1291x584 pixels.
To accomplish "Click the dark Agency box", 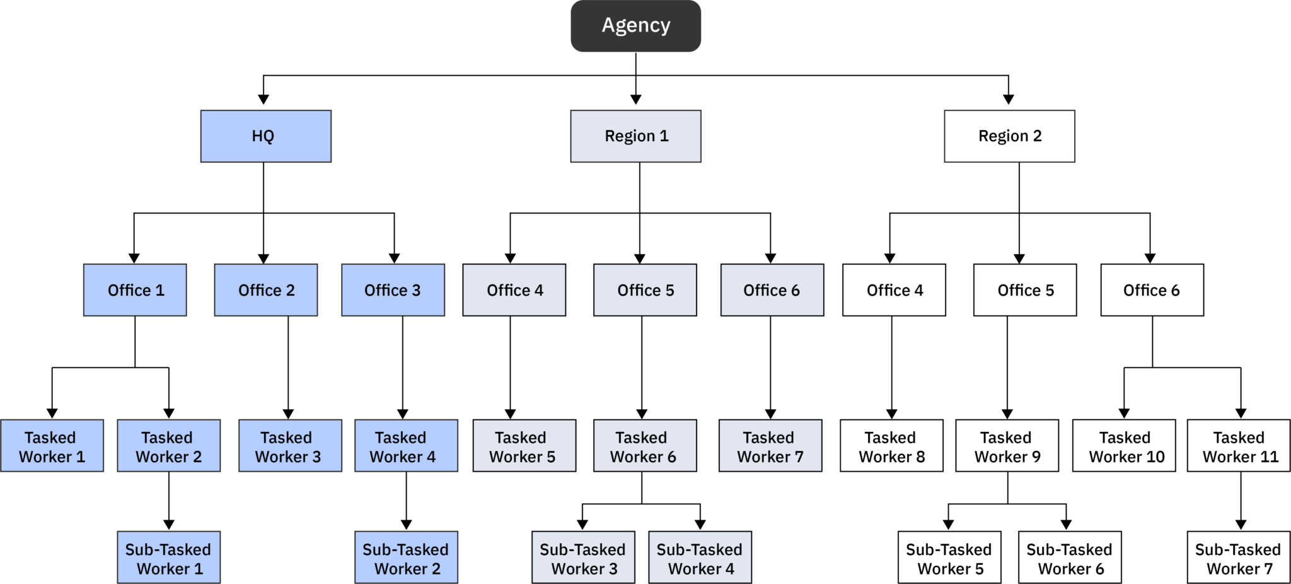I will point(635,26).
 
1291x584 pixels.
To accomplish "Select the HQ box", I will point(265,136).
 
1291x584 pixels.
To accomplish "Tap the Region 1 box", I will point(635,136).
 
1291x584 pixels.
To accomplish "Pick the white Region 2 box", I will point(1009,136).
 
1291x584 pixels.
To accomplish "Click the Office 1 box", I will point(135,290).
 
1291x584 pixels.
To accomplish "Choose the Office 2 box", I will point(265,290).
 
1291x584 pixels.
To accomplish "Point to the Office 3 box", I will point(393,290).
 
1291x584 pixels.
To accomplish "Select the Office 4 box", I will point(514,290).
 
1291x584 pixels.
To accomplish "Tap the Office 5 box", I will point(645,290).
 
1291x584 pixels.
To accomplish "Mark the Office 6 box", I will point(772,290).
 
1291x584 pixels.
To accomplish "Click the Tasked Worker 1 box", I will point(52,446).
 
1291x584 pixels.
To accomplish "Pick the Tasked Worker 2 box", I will point(168,446).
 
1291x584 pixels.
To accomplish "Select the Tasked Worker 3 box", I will point(290,446).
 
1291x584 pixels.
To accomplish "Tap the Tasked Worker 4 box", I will point(406,446).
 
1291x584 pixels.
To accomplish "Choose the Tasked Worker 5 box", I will point(524,446).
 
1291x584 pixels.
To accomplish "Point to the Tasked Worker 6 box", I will point(645,446).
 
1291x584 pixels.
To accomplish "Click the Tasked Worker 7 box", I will point(770,446).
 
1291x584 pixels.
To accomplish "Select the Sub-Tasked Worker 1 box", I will point(168,558).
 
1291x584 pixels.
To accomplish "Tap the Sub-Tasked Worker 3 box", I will point(583,558).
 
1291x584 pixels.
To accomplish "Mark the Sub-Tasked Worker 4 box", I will point(700,558).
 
